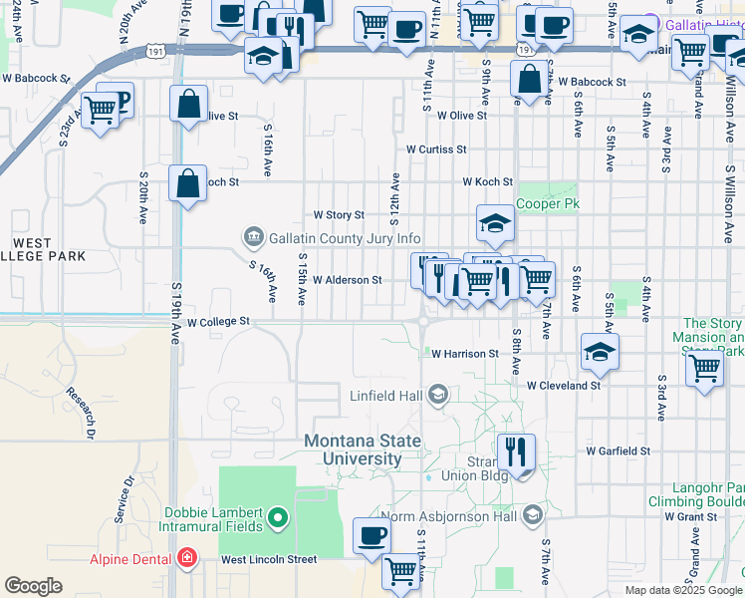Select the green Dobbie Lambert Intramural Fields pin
(279, 518)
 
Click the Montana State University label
(367, 450)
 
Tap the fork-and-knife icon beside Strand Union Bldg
(516, 452)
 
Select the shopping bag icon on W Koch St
(188, 183)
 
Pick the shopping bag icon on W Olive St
(188, 105)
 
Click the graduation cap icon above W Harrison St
(599, 352)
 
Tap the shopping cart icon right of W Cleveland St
(705, 368)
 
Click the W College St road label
(216, 323)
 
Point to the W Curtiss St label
(436, 149)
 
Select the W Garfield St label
(618, 450)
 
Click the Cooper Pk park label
(547, 203)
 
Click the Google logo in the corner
(34, 586)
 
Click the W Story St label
(340, 214)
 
